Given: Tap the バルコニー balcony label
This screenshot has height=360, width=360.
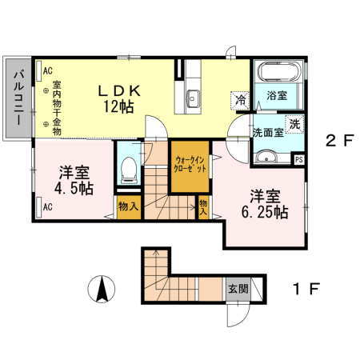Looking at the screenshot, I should point(16,98).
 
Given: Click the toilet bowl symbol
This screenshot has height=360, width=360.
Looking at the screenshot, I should point(127,167).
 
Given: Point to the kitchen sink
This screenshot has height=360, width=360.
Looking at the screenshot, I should point(193,99).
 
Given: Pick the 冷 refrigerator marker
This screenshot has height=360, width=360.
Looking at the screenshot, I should point(239,101).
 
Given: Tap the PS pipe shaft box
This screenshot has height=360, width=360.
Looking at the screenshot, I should point(298,159).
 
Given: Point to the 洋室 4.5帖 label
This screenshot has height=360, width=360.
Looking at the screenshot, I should point(74,181).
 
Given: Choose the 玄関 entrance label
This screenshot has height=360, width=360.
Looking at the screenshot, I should point(238,289).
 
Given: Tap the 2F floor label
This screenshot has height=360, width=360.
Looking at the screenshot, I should point(338,141).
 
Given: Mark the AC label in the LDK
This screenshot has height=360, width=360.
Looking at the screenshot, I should point(47,70).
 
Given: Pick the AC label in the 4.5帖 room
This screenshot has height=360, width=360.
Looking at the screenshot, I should point(47,206).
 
